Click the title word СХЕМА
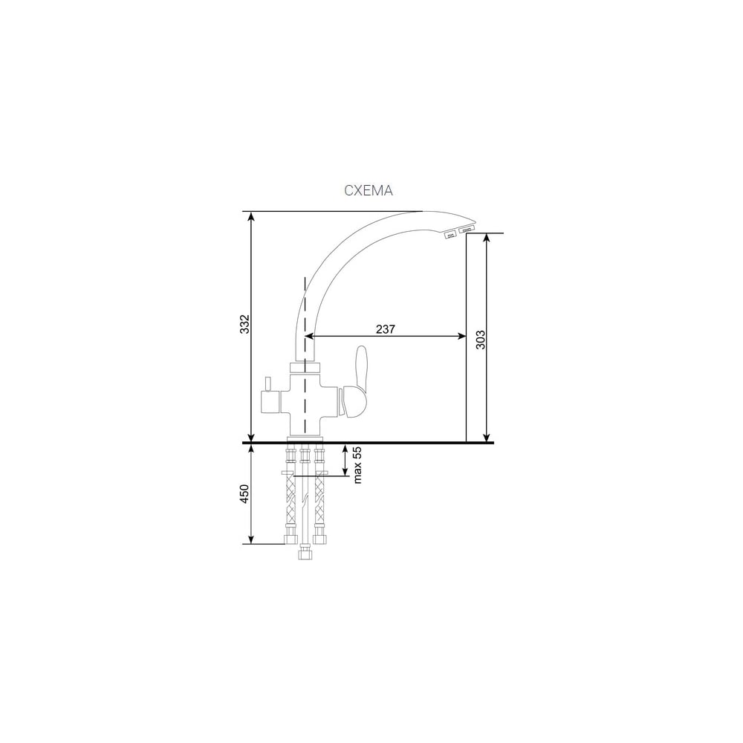[x=369, y=190]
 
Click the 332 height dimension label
[x=244, y=324]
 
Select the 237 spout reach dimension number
[x=385, y=329]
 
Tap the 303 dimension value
[x=481, y=340]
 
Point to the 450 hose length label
[x=244, y=494]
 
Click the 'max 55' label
[x=357, y=464]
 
